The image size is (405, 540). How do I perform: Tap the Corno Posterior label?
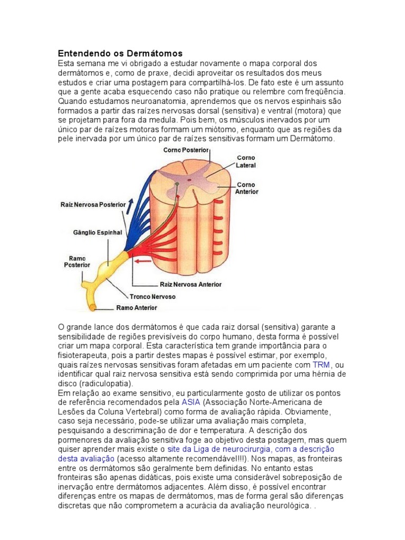185,150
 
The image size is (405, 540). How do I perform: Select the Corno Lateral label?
245,161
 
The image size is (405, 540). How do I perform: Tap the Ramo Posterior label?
77,262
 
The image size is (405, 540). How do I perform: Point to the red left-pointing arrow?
142,261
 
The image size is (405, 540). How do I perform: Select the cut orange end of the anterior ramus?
92,306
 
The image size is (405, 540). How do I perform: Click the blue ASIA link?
190,401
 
